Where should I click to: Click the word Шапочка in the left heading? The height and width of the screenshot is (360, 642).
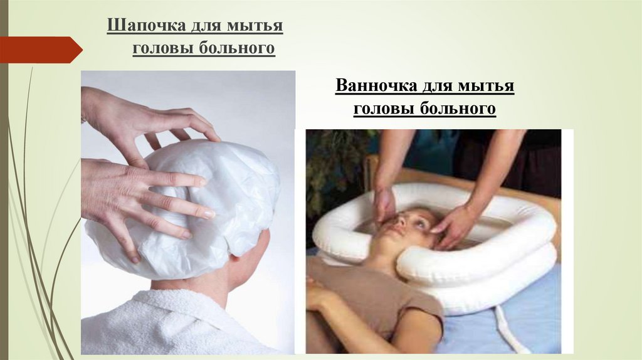click(146, 25)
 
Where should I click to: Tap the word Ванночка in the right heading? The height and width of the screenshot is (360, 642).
click(376, 85)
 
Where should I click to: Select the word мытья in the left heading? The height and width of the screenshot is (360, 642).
click(255, 25)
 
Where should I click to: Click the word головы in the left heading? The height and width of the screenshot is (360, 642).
click(164, 48)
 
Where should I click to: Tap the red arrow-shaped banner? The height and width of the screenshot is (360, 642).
click(41, 50)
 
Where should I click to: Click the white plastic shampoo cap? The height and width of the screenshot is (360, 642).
click(184, 209)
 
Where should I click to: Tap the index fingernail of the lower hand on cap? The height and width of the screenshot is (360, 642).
click(209, 214)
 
